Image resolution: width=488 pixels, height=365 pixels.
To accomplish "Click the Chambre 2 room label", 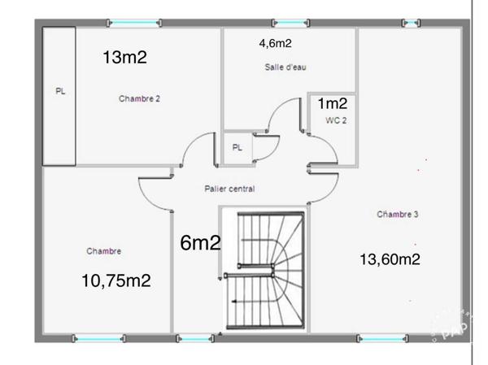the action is coord(139,98).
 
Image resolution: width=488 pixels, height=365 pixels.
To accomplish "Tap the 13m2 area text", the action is coord(124,57).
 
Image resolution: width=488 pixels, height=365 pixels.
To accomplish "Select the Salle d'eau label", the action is coord(285,67).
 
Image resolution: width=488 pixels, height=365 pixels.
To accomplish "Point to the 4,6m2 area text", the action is coord(276,43).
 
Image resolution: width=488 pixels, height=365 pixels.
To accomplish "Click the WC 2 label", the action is coord(336,120).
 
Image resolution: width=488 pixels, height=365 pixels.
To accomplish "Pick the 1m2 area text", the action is coord(333,103).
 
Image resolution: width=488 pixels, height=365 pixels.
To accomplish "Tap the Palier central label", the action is coord(229,189).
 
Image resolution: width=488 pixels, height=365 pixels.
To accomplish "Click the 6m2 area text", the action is coord(200,243).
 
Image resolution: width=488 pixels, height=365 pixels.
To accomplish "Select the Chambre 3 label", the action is coord(398,214).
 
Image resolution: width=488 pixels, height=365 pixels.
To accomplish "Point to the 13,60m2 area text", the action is coord(390,259).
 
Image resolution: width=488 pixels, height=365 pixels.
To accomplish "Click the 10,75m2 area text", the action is coord(116,280).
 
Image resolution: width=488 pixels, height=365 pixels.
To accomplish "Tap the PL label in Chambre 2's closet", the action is coord(60,91).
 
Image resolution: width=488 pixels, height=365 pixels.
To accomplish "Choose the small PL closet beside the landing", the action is coord(237,147).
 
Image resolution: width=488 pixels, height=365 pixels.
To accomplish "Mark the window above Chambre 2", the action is coord(134,23).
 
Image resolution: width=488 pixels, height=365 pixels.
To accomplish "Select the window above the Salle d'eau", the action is coord(290,23).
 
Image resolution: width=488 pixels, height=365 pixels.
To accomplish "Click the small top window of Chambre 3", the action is coord(411,23).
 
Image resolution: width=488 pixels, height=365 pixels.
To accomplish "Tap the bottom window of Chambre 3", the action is coord(382,338).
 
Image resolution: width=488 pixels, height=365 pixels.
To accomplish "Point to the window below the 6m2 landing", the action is coord(195,338).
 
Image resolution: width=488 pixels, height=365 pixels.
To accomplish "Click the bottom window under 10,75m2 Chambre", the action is coord(99,338).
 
